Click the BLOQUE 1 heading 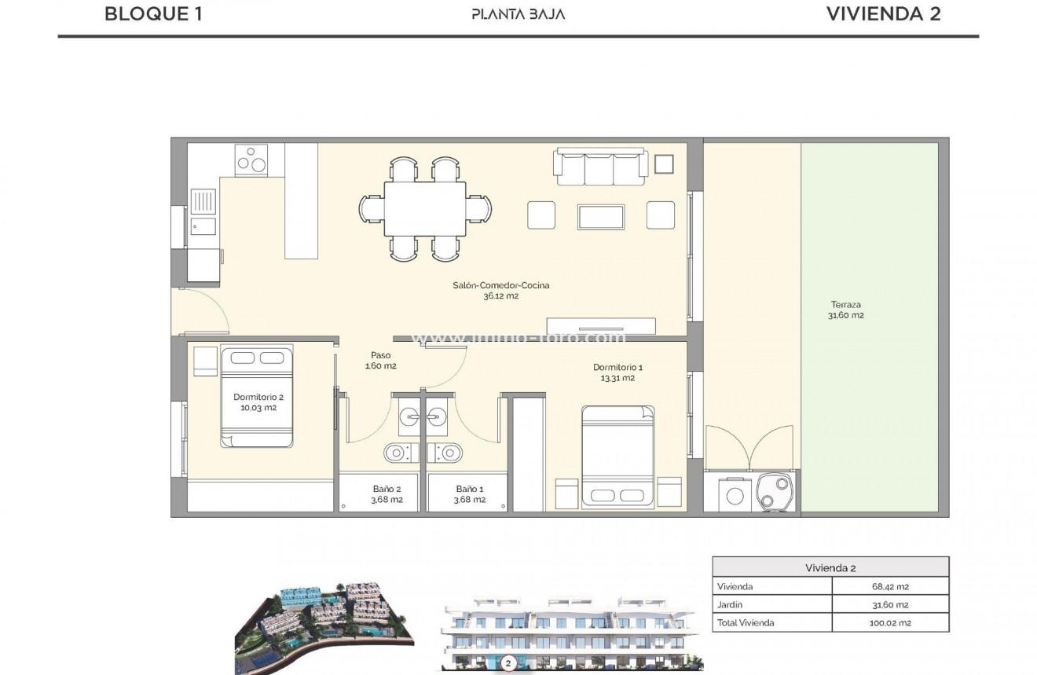(x=153, y=13)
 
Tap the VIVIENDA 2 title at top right (x=883, y=13)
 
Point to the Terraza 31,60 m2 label (x=845, y=310)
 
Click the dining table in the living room (x=424, y=208)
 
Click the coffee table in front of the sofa (x=601, y=217)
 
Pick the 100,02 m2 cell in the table (x=889, y=622)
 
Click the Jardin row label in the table (x=730, y=604)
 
